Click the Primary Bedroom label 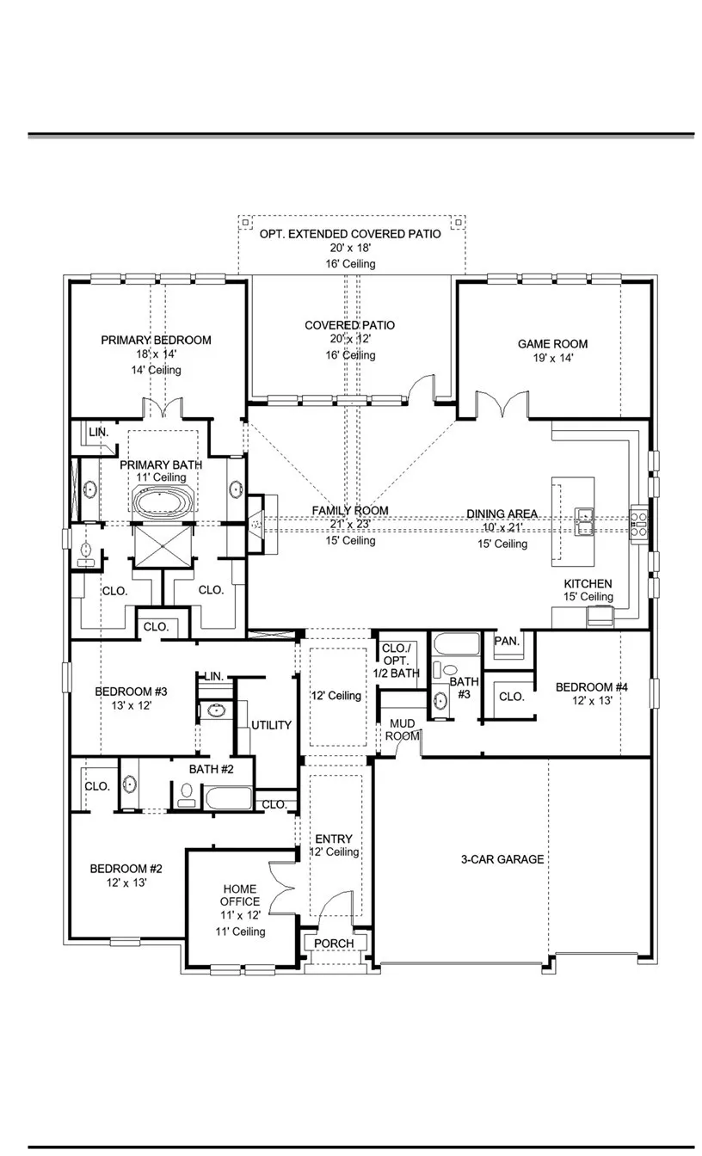(156, 340)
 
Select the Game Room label (552, 344)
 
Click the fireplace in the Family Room (256, 525)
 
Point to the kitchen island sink (584, 521)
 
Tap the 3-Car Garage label (502, 859)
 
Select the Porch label (334, 944)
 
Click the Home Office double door (282, 889)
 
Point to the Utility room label (271, 725)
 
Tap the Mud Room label (402, 730)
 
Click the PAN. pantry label (507, 641)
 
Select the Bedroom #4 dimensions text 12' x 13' (592, 700)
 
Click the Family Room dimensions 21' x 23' (350, 525)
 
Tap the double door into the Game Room (502, 404)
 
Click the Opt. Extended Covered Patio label (350, 234)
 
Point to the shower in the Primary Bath (163, 546)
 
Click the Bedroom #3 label (131, 692)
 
